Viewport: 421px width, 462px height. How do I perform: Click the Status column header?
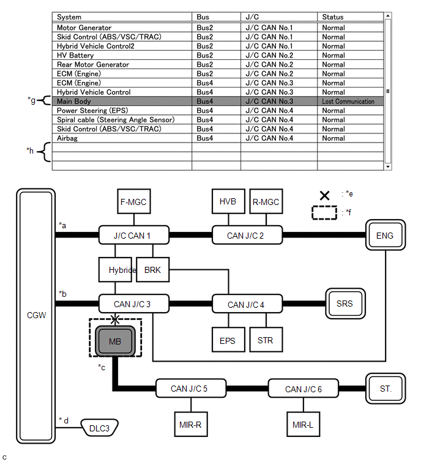(x=333, y=17)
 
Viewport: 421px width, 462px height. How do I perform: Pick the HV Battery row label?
(x=75, y=56)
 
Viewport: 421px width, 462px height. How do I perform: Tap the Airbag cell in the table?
(x=67, y=138)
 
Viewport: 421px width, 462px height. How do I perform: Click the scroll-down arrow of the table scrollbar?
(x=388, y=167)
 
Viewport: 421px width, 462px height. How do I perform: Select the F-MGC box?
(x=134, y=201)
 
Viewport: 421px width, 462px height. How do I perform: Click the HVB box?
(x=228, y=201)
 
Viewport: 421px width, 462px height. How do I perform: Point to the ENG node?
(x=386, y=235)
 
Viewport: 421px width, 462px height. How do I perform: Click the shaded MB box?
(x=115, y=341)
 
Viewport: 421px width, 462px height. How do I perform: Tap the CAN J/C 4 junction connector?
(x=247, y=304)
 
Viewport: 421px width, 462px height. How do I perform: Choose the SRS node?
(x=345, y=304)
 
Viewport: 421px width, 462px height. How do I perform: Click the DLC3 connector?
(x=99, y=428)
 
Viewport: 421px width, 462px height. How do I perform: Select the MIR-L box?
(x=303, y=424)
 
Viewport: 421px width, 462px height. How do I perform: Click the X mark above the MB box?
(x=115, y=319)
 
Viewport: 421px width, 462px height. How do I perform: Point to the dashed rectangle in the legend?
(x=324, y=212)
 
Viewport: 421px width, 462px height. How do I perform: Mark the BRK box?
(x=152, y=270)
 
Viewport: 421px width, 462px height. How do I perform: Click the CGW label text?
(x=36, y=315)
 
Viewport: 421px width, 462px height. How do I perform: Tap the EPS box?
(x=228, y=340)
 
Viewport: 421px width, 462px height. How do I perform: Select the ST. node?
(x=386, y=389)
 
